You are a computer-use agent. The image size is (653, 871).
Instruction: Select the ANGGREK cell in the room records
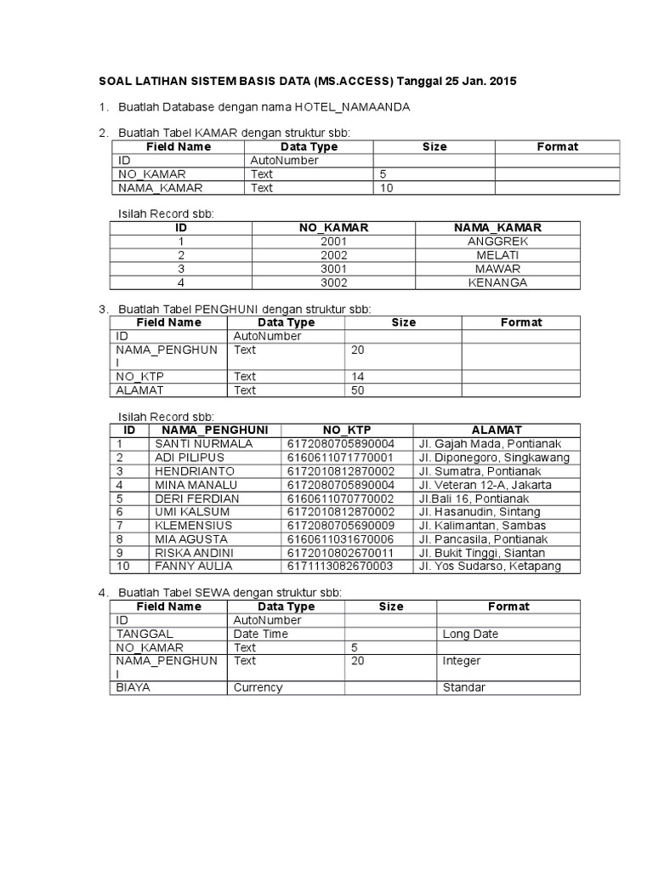[498, 242]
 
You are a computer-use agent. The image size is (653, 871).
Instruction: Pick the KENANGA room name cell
[498, 282]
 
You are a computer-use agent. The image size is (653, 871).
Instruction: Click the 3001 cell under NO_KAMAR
[333, 269]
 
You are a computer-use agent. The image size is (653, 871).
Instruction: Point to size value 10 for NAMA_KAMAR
[387, 188]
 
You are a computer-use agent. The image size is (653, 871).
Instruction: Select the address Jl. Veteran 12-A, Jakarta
[485, 485]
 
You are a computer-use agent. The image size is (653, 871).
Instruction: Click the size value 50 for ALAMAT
[357, 390]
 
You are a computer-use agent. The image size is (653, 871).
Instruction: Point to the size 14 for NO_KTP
[357, 377]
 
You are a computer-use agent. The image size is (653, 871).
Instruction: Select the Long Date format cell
[470, 634]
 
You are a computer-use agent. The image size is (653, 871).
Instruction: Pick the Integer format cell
[462, 661]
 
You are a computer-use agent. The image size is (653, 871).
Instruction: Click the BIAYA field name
[133, 687]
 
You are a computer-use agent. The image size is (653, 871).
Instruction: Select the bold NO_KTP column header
[347, 430]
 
